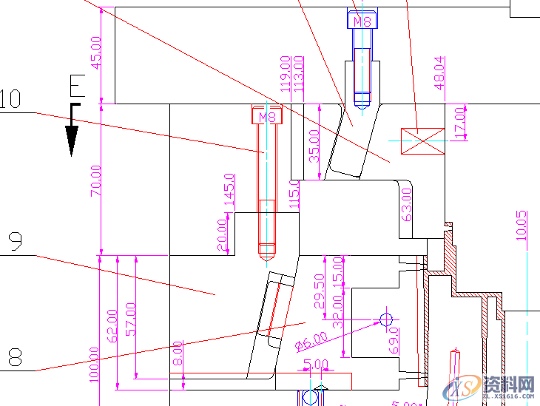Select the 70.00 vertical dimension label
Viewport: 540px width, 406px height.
pos(95,181)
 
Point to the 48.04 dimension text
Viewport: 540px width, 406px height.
pos(439,73)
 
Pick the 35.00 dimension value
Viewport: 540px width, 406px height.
pos(314,146)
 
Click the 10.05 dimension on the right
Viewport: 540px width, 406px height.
pos(522,226)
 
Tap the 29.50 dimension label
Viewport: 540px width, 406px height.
pos(320,291)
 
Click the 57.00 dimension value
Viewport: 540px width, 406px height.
pos(131,319)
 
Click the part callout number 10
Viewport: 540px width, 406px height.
pos(10,98)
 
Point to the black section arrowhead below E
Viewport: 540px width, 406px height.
pos(72,141)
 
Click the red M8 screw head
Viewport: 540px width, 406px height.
pos(268,116)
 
